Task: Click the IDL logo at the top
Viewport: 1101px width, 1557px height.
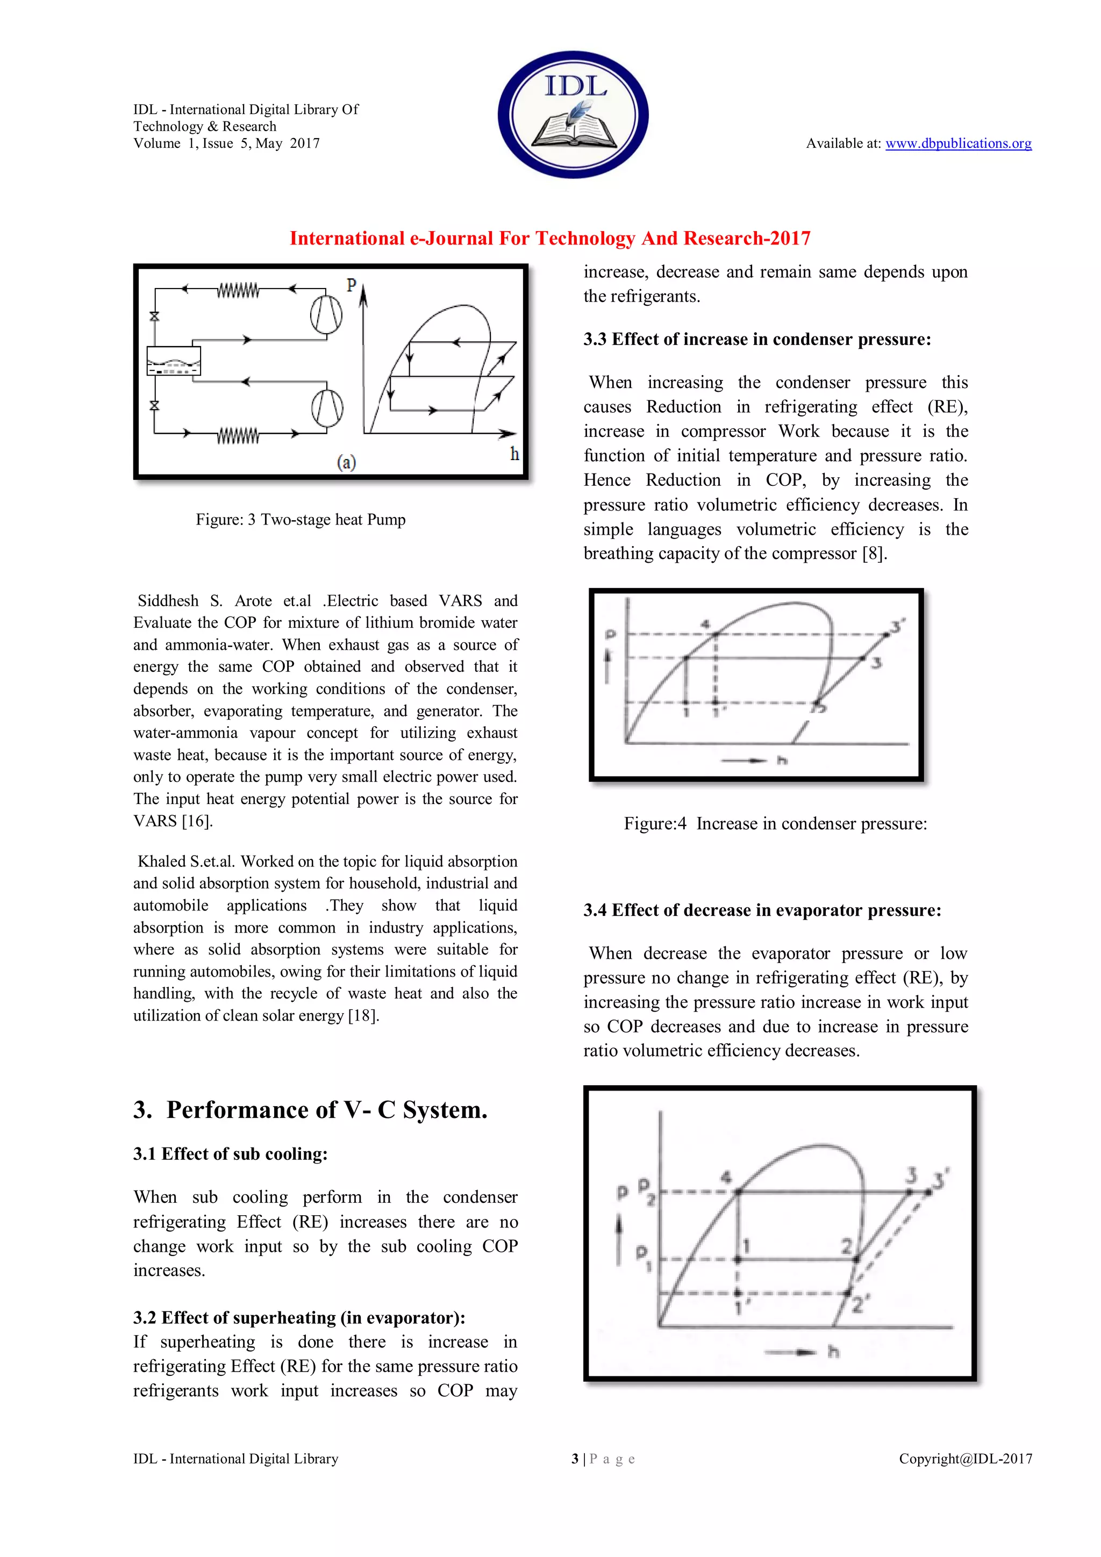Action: coord(573,114)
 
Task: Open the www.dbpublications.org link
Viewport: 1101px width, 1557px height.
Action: coord(958,143)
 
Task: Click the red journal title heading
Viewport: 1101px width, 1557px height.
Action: coord(549,238)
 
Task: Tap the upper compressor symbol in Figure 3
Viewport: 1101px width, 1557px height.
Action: coord(326,314)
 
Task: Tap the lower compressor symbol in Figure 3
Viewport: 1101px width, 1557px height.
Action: coord(327,407)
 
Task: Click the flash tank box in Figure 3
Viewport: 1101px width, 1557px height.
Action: coord(174,361)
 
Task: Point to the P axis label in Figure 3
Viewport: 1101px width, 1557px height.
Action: coord(351,285)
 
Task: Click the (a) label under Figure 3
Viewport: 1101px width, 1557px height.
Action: coord(347,463)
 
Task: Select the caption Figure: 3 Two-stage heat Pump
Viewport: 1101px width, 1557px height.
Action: coord(301,520)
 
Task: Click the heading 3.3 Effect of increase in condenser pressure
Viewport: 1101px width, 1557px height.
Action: coord(756,339)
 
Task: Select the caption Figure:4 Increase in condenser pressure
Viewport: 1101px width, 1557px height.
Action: coord(775,823)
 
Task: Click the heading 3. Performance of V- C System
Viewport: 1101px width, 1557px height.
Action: coord(310,1109)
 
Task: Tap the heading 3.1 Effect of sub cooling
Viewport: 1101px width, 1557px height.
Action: coord(230,1153)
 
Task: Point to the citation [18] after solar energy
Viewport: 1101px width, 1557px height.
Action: coord(363,1015)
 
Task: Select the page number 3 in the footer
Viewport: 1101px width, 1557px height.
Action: coord(575,1459)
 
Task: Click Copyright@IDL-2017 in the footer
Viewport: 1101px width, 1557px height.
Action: coord(964,1459)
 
